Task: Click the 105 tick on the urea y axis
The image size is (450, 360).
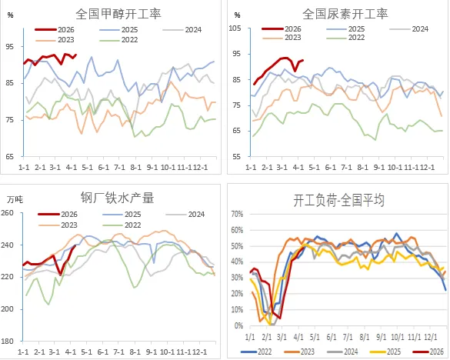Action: (x=235, y=28)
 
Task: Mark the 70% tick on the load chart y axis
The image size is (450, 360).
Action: (x=235, y=215)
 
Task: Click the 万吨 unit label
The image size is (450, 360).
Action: (x=15, y=198)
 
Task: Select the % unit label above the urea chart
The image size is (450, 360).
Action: (x=236, y=15)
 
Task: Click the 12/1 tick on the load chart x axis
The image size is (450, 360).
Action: (x=430, y=336)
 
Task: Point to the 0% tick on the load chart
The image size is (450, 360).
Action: (x=238, y=325)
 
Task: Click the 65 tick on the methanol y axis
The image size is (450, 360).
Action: (x=10, y=156)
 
